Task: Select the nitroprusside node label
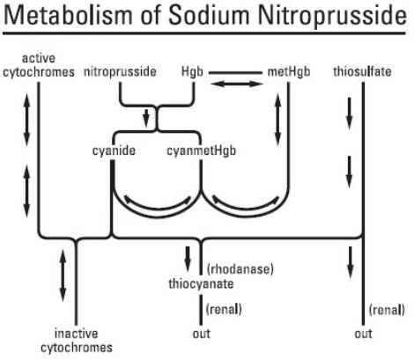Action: [x=120, y=71]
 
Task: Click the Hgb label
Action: [x=192, y=71]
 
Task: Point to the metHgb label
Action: [x=289, y=71]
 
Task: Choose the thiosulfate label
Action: [x=362, y=71]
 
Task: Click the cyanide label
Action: [x=114, y=151]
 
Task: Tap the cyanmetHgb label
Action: [x=201, y=151]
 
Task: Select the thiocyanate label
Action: [x=201, y=283]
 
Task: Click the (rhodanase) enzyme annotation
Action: [x=240, y=269]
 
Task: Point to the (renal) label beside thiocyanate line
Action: [x=224, y=309]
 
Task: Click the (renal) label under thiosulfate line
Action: [x=387, y=310]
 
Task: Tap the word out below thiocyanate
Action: [x=202, y=334]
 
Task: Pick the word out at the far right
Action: [x=363, y=334]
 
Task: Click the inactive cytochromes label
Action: [x=77, y=341]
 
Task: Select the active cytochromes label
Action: [x=39, y=65]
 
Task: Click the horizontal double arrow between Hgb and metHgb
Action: [x=237, y=84]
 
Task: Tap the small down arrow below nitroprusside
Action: [x=146, y=117]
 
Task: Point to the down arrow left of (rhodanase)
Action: [x=188, y=258]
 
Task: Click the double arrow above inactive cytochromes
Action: [x=63, y=276]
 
